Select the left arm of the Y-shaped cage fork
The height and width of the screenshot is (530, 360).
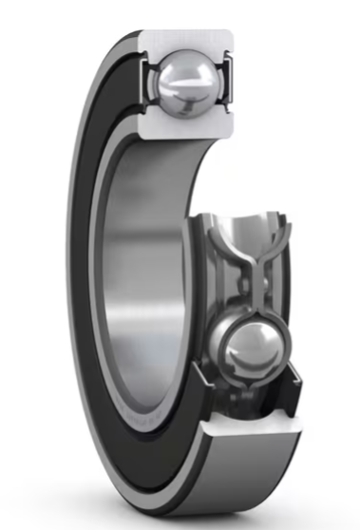click(x=221, y=247)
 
